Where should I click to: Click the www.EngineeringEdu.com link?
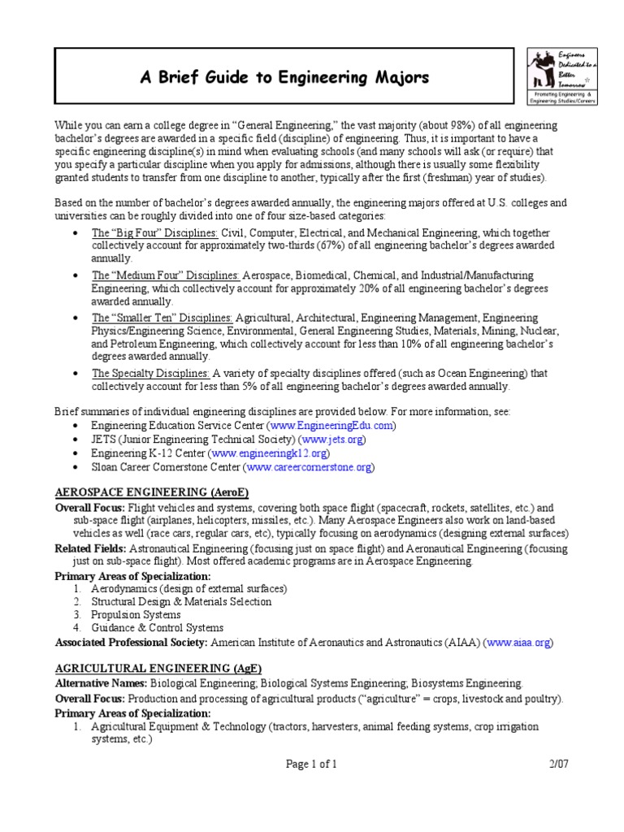click(333, 425)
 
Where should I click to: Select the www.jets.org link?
click(332, 439)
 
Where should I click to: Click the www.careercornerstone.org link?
click(309, 466)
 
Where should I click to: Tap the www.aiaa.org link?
click(518, 642)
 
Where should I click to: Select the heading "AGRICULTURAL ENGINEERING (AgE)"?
click(146, 668)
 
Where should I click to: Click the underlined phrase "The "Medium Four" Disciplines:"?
click(165, 275)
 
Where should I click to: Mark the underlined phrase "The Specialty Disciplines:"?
click(150, 373)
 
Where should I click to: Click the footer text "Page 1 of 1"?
click(311, 763)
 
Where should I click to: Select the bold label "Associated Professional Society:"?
click(132, 642)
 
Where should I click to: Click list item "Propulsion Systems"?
click(135, 614)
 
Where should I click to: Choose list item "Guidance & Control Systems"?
click(157, 628)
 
